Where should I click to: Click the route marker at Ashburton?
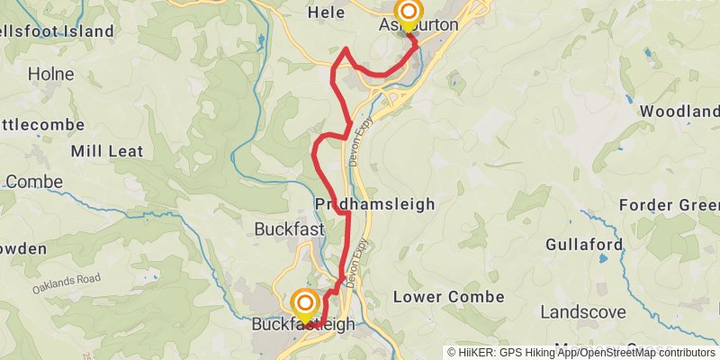(x=409, y=13)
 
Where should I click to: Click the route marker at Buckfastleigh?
(x=305, y=303)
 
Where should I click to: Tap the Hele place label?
(x=326, y=13)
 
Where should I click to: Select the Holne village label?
(x=50, y=74)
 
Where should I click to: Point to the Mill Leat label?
(x=107, y=151)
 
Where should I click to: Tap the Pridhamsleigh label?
(x=375, y=204)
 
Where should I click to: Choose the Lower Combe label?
(x=438, y=296)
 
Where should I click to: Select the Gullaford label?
(x=584, y=245)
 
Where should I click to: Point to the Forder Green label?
(x=670, y=205)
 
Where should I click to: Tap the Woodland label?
(x=679, y=112)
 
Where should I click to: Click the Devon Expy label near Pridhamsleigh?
(x=356, y=145)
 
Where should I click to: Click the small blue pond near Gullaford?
(x=602, y=259)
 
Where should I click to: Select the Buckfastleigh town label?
(x=303, y=325)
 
